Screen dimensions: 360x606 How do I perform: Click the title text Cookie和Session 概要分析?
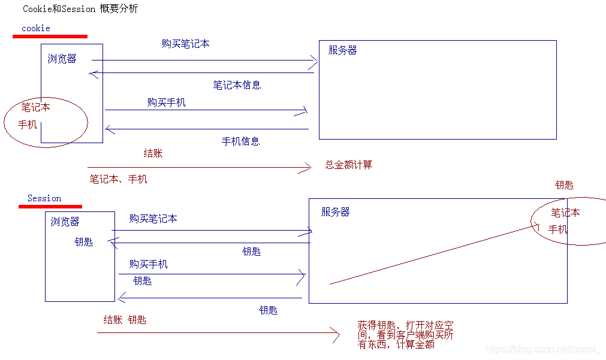pos(80,10)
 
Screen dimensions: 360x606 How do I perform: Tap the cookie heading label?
pos(36,28)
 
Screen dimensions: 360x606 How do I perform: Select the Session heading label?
pos(44,198)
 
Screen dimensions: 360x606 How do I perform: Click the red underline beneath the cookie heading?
pos(50,37)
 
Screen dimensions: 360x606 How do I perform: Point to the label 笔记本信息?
pos(237,85)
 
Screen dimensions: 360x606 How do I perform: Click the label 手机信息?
pos(240,141)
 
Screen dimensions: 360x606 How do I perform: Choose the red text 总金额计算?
pos(349,165)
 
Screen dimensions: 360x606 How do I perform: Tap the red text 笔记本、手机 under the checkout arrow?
pos(118,179)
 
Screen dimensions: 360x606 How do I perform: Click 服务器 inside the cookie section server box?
pos(342,51)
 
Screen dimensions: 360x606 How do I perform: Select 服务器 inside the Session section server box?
pos(335,212)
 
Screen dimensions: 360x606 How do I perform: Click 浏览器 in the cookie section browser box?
pos(62,59)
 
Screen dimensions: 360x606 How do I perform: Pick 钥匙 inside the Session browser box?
pos(84,242)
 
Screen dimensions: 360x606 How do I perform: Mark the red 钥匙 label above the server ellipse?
pos(564,185)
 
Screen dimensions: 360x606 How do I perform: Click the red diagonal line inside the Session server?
pos(432,255)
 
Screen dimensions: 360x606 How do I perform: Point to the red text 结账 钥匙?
pos(125,320)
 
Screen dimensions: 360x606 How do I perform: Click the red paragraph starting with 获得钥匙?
pos(405,335)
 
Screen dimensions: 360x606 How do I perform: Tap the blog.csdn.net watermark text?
pos(542,349)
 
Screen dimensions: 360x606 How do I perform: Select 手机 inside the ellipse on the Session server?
pos(557,229)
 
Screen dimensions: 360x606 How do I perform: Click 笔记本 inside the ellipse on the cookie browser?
pos(36,108)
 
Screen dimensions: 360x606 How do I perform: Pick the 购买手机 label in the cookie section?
pos(166,102)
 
